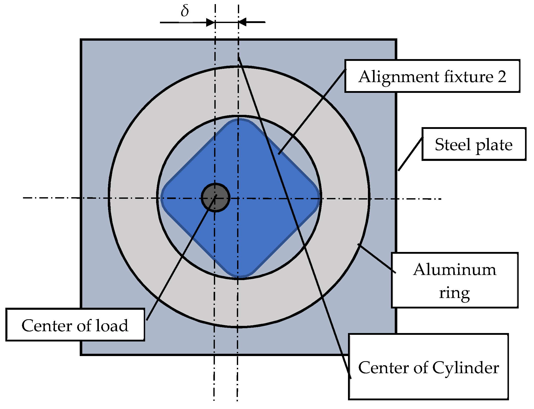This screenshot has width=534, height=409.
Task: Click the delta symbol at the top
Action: pos(185,11)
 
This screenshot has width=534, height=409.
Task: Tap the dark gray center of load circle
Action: pos(215,198)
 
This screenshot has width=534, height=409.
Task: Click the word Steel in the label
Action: pos(452,145)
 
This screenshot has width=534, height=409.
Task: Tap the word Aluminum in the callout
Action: pos(455,270)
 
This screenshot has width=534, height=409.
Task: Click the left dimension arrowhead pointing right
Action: pos(211,23)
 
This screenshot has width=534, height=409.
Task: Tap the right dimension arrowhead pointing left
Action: pos(242,22)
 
